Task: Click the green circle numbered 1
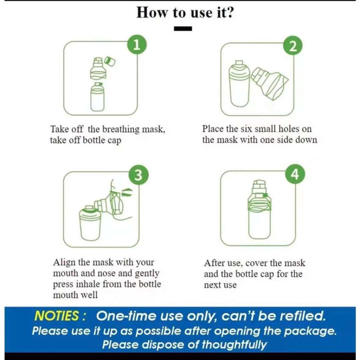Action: click(137, 45)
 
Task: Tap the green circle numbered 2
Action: click(293, 45)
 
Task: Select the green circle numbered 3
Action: click(138, 175)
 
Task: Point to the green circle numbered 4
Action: click(295, 174)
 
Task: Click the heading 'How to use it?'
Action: click(185, 12)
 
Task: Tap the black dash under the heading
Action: click(183, 29)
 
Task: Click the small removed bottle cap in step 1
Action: click(110, 61)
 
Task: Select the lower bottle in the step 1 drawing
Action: click(98, 97)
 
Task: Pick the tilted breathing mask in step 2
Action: click(269, 83)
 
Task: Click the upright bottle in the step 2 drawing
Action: click(239, 84)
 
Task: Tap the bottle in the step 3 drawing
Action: click(90, 223)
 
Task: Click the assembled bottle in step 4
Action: click(259, 209)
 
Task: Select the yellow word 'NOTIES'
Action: click(57, 316)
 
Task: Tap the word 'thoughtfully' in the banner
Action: click(235, 345)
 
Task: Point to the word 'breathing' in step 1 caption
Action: click(121, 130)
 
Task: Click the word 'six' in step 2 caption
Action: click(246, 129)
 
